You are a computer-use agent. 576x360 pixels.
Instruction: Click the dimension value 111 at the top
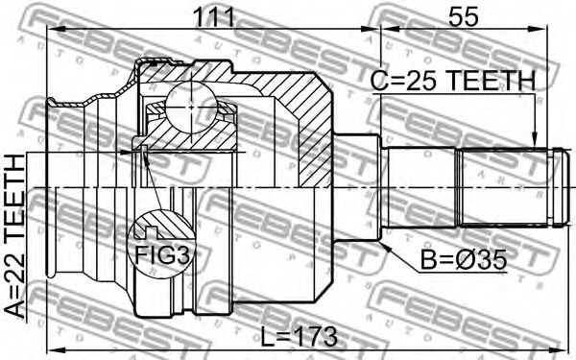coord(214,17)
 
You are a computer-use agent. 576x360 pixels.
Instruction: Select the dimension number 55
coord(464,17)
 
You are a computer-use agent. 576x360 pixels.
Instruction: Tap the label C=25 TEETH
coord(453,81)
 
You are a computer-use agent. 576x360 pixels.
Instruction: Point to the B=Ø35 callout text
coord(464,260)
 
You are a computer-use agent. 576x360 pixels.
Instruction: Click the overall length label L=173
coord(299,337)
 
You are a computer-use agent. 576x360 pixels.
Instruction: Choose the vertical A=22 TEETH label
coord(15,236)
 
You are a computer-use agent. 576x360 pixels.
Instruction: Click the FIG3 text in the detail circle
coord(163,255)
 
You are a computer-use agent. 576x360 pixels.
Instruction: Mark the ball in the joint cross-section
coord(191,108)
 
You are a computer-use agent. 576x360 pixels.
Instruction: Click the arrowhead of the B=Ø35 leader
coord(386,247)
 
